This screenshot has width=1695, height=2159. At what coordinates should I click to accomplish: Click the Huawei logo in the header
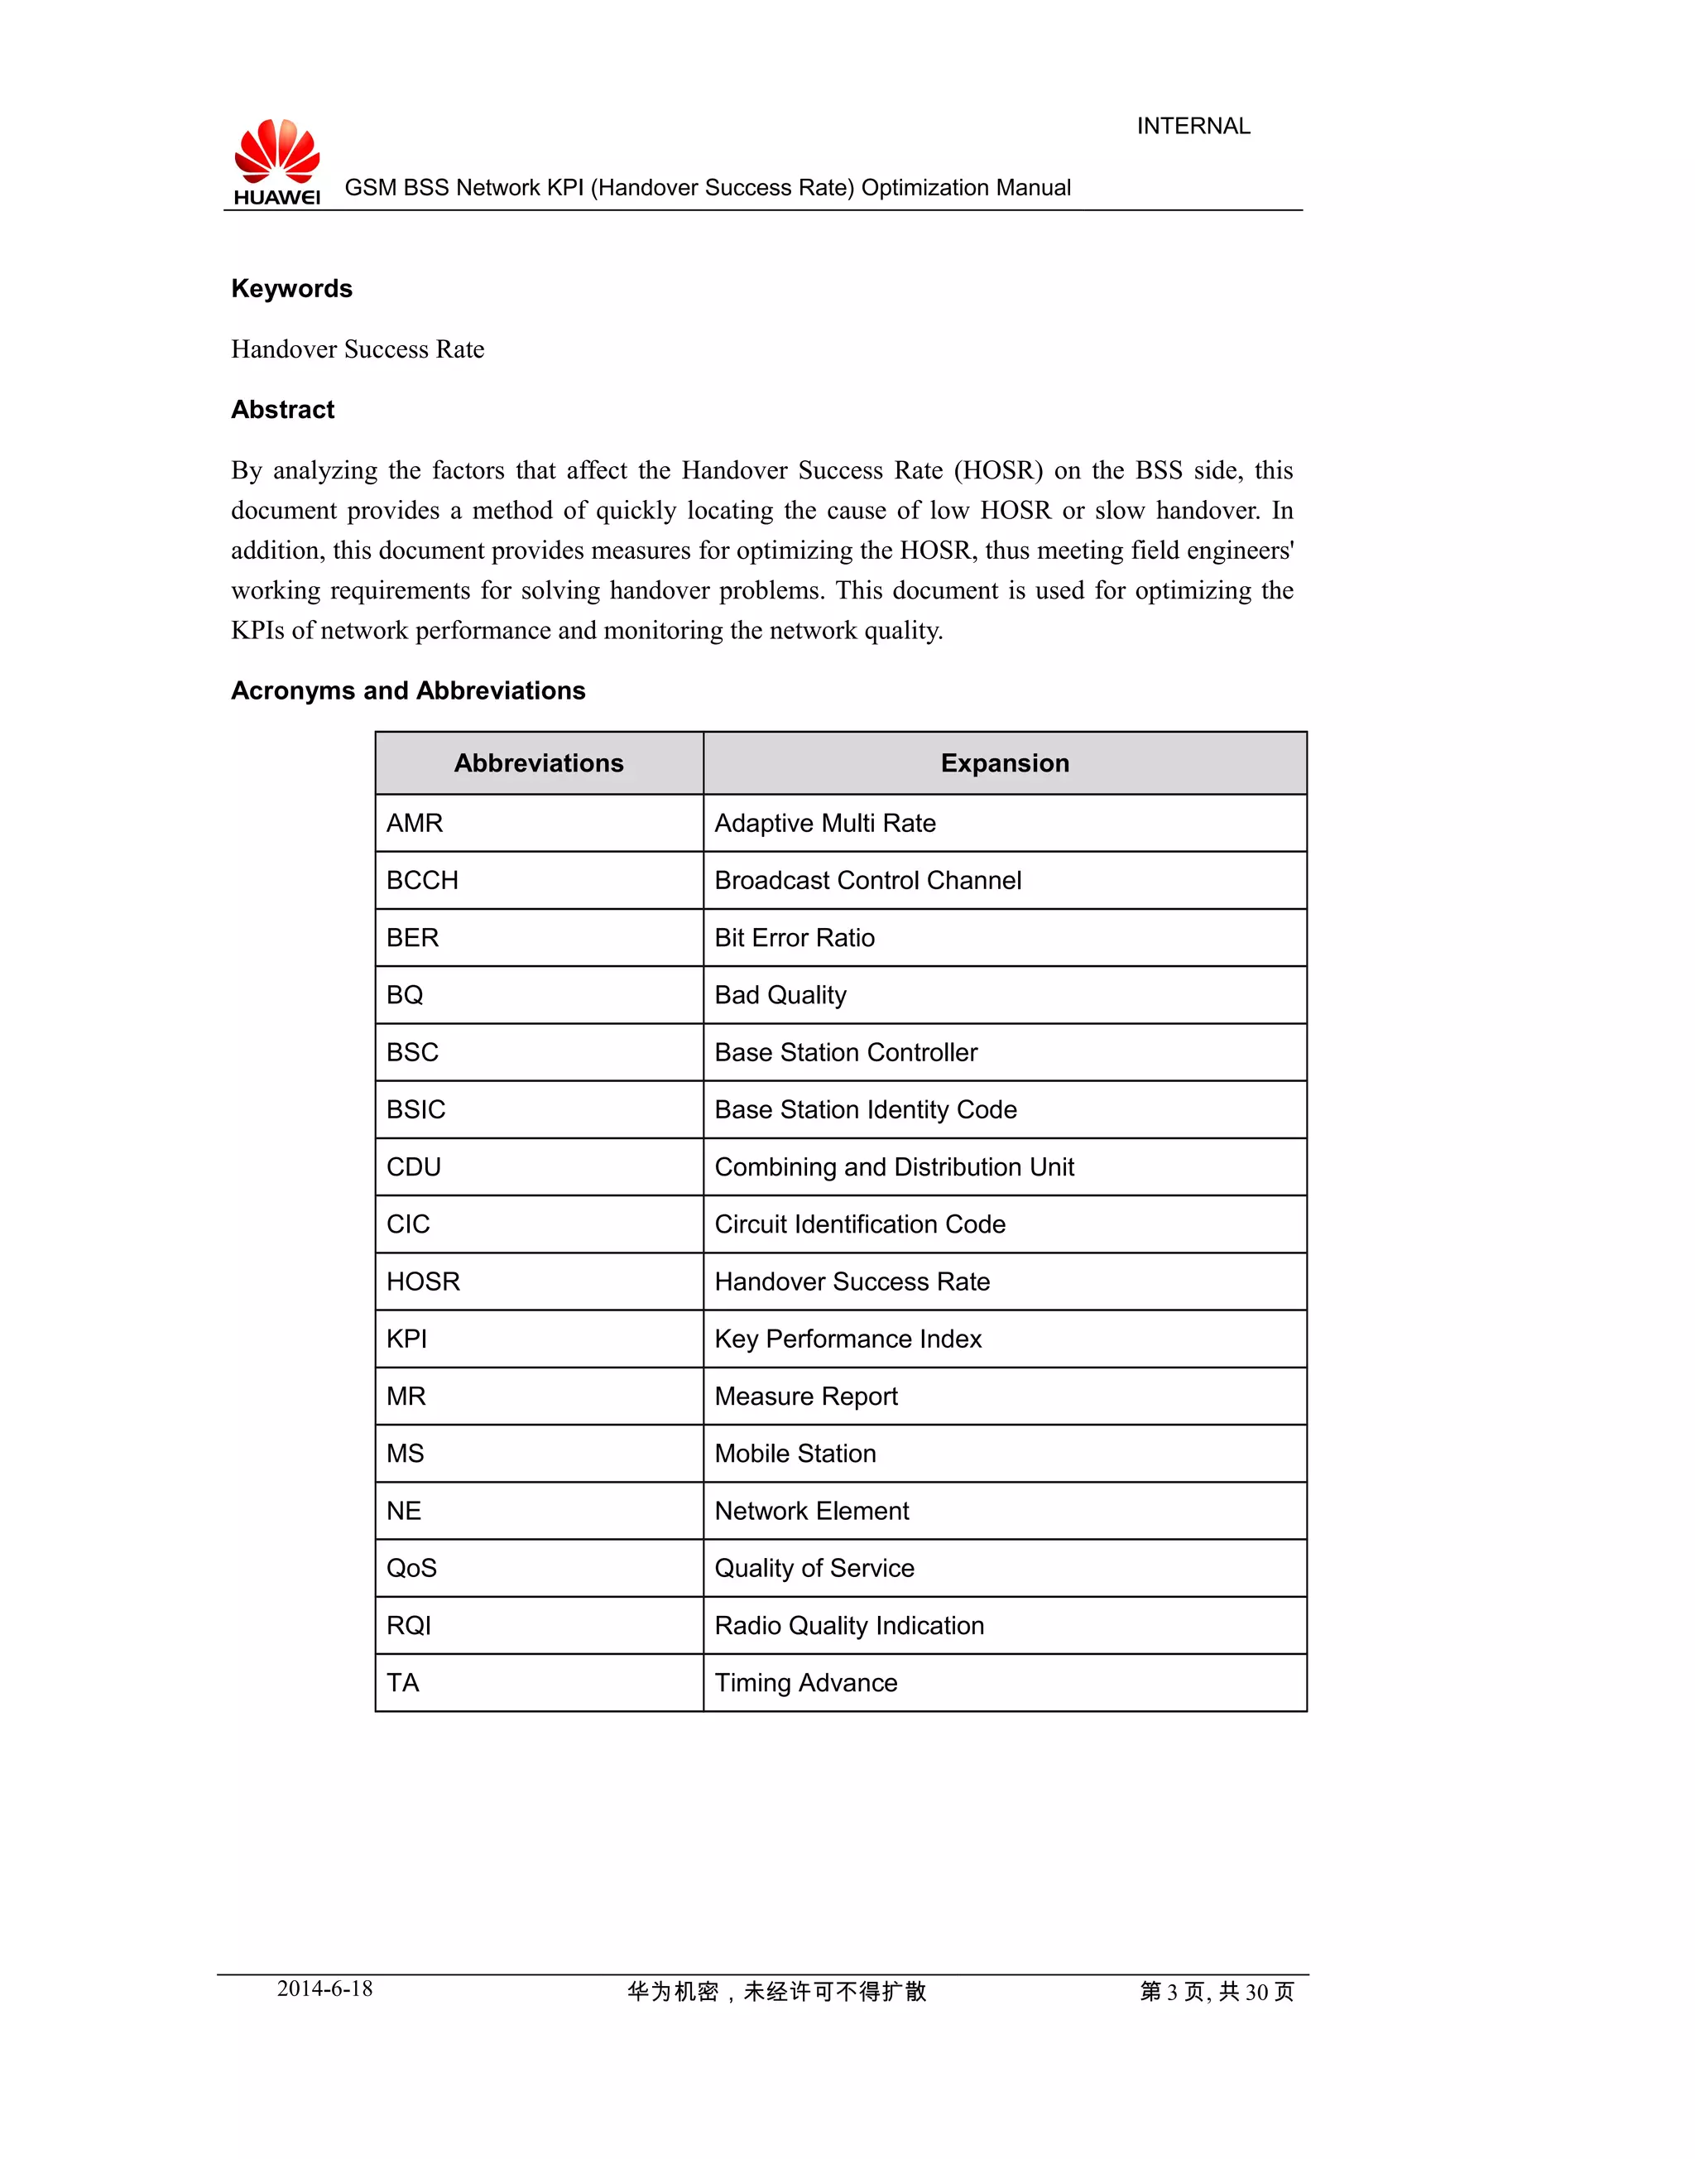tap(277, 161)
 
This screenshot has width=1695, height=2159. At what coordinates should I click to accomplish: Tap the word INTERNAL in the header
tap(1193, 126)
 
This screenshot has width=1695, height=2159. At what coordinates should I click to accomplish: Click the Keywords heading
tap(292, 289)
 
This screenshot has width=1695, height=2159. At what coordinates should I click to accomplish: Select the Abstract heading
tap(283, 410)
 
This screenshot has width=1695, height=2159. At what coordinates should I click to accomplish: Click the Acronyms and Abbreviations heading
tap(408, 691)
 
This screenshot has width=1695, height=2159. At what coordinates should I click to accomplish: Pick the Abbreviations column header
tap(539, 763)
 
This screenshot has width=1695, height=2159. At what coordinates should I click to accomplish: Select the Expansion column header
tap(1004, 763)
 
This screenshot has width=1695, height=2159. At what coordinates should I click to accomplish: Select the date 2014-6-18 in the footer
tap(324, 1988)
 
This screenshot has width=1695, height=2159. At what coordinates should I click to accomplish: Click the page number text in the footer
tap(1217, 1991)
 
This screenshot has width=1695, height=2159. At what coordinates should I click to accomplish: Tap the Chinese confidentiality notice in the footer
tap(776, 1991)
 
